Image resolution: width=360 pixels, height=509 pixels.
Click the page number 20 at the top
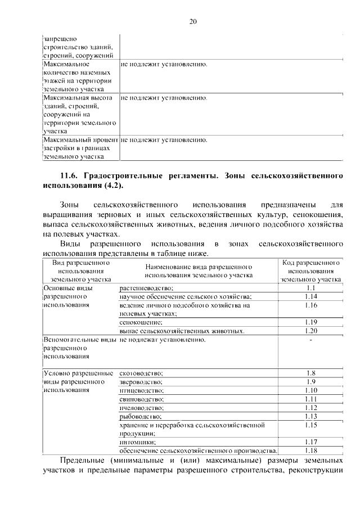point(193,22)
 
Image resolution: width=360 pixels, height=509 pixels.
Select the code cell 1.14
point(311,296)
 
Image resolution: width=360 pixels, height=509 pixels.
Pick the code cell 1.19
point(311,322)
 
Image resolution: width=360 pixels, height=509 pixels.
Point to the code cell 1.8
point(311,373)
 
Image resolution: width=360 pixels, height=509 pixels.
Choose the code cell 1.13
point(311,416)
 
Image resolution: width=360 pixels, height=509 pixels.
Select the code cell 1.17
point(311,442)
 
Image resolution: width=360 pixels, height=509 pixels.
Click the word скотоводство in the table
point(141,373)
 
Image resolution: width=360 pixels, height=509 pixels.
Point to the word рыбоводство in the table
point(141,416)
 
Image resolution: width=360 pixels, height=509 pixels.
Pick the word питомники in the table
point(137,442)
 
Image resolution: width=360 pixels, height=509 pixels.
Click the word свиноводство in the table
point(141,399)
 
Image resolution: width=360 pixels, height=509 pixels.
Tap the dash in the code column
point(311,340)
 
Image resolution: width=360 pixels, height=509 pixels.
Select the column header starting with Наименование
point(197,267)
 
